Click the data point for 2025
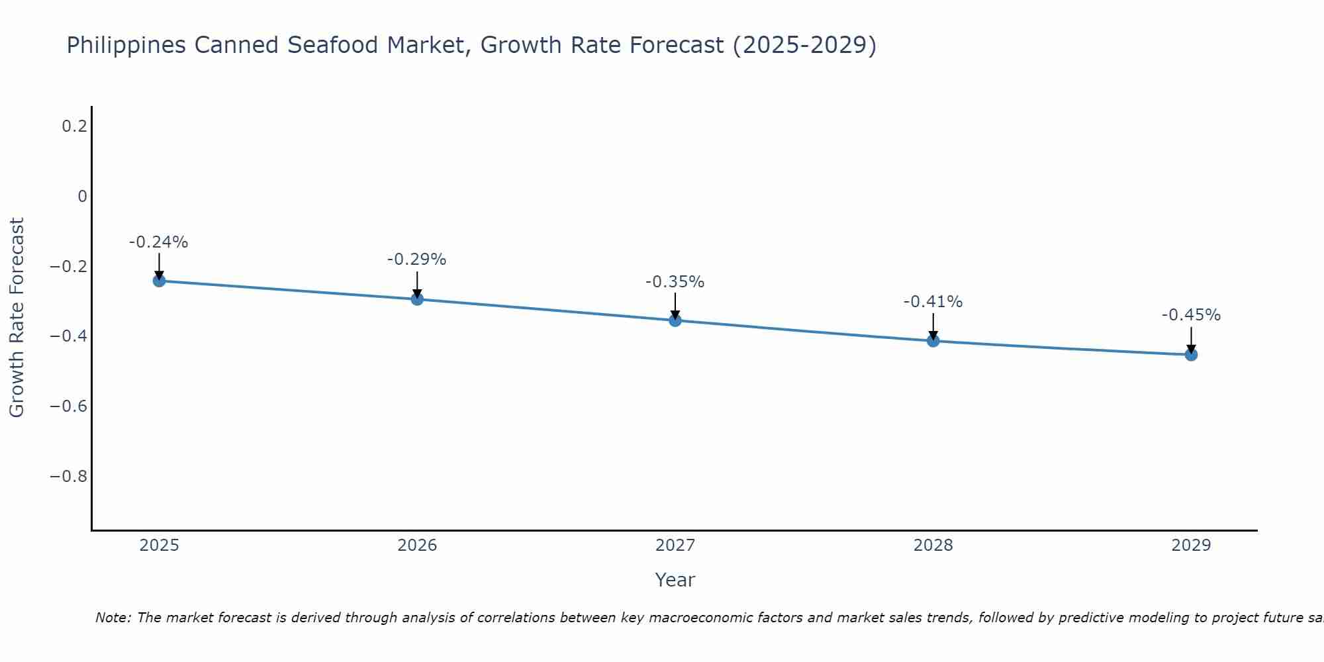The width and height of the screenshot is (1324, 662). coord(159,281)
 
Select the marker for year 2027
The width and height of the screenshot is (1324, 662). coord(675,320)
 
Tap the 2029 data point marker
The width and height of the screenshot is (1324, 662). coord(1191,355)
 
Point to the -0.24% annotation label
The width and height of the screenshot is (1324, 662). coord(158,242)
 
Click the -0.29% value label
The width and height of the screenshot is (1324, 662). coord(416,260)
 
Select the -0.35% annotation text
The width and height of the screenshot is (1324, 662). coord(675,282)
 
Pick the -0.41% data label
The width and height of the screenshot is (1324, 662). coord(933,302)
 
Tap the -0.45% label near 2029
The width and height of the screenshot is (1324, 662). coord(1191,315)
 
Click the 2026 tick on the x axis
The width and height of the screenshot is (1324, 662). coord(417,545)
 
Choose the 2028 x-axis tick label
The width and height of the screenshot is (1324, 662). coord(933,545)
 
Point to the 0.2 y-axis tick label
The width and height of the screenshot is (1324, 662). coord(74,126)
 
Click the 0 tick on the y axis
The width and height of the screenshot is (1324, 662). coord(82,196)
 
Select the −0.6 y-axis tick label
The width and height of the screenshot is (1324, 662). coord(69,406)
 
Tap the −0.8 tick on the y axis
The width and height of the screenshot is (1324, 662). coord(69,476)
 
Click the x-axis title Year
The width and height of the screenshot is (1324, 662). coord(675,580)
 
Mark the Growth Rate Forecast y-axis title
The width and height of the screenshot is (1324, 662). coord(17,317)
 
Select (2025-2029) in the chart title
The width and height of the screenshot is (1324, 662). coord(804,45)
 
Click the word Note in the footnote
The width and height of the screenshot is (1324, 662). coord(113,618)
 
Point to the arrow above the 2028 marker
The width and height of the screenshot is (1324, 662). coord(933,326)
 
